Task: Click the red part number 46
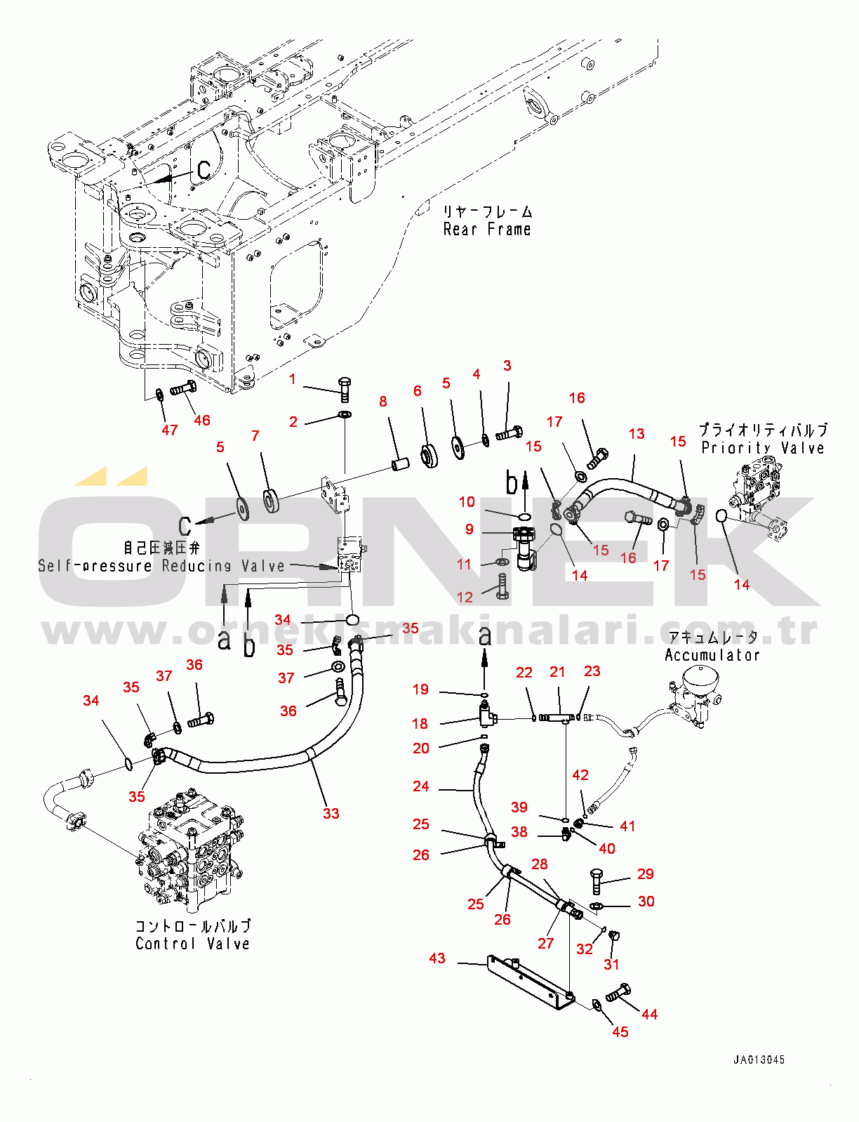click(202, 421)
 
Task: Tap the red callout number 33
click(331, 814)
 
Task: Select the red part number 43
click(437, 958)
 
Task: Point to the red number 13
click(637, 434)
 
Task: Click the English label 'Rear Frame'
click(487, 230)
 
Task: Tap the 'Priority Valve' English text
click(763, 448)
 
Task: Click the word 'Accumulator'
click(712, 655)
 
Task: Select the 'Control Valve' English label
click(192, 944)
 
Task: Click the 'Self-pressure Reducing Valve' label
click(161, 566)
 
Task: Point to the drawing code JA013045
click(759, 1060)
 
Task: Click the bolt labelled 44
click(617, 993)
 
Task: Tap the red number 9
click(470, 529)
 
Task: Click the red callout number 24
click(421, 786)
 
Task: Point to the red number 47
click(170, 430)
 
